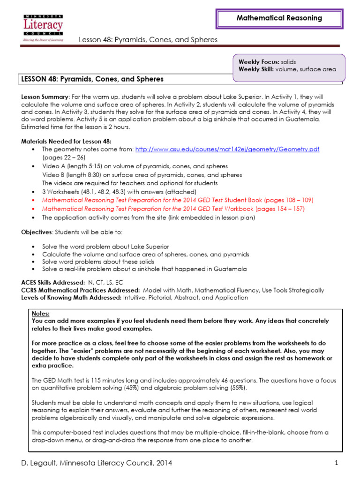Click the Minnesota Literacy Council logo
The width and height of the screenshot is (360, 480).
point(43,28)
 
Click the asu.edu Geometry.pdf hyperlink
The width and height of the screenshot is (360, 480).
point(227,149)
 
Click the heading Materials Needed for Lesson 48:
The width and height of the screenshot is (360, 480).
point(66,141)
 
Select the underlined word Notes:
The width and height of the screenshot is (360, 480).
point(40,313)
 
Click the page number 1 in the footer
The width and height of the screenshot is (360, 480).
point(337,463)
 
